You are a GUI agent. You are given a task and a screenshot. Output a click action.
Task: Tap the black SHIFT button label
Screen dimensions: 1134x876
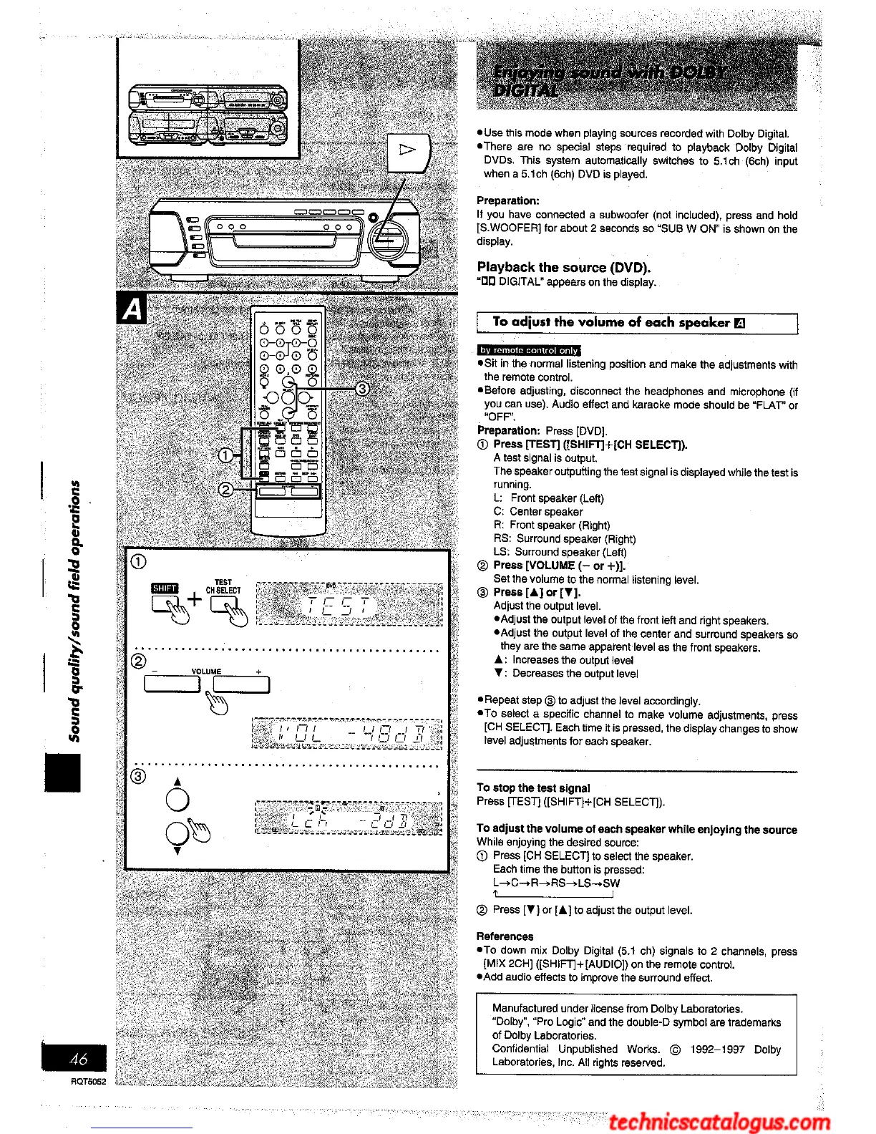click(x=164, y=588)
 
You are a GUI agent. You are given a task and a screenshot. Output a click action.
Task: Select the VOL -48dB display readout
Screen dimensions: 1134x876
click(x=348, y=733)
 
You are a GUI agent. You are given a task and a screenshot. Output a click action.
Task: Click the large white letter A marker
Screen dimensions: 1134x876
click(x=131, y=309)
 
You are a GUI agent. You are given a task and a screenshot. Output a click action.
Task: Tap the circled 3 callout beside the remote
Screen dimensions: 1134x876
click(x=362, y=389)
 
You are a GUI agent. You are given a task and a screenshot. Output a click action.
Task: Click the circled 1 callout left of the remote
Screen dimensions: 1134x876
click(x=225, y=455)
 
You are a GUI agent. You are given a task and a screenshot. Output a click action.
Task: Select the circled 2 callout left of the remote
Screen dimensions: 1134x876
click(x=225, y=490)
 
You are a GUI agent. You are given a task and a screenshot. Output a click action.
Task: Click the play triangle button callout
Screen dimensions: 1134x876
click(x=407, y=152)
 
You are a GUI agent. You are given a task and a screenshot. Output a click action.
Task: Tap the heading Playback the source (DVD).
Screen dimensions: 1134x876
click(x=564, y=268)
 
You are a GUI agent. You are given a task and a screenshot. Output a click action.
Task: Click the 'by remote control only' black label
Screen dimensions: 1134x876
click(x=529, y=350)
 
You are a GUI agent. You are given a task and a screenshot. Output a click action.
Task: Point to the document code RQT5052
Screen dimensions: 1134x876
click(x=89, y=1081)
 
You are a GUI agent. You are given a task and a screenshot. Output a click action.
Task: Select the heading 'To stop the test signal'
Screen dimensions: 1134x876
click(x=533, y=787)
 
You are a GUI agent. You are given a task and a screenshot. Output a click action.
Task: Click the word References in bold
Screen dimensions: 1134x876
click(x=505, y=936)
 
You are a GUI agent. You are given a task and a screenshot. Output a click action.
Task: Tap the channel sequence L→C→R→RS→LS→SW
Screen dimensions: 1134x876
click(x=556, y=883)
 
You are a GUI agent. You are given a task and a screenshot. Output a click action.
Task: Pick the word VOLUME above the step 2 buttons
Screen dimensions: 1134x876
click(x=207, y=672)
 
